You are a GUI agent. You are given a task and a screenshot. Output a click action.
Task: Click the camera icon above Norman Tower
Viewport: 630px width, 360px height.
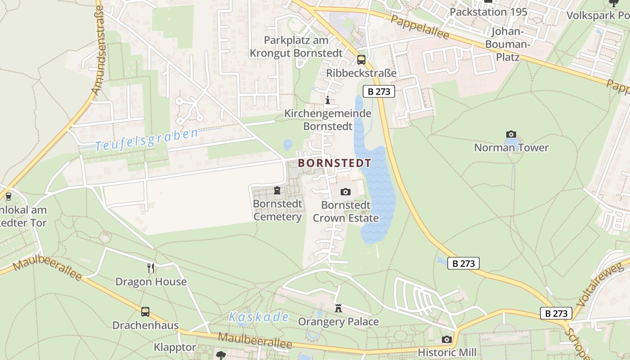[x=511, y=134]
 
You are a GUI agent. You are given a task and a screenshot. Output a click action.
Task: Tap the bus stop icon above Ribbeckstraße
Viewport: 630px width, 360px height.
[x=361, y=60]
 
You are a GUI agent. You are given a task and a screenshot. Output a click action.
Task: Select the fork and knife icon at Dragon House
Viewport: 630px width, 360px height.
[x=151, y=268]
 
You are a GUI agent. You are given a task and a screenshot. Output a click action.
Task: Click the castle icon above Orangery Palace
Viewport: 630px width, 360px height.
[x=338, y=309]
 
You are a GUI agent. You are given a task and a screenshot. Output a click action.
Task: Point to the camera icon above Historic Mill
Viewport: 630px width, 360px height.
[x=446, y=339]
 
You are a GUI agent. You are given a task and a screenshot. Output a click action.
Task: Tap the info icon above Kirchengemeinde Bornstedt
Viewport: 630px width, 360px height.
[x=328, y=100]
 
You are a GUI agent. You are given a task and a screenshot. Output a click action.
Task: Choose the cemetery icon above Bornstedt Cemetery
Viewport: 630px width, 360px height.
[x=277, y=191]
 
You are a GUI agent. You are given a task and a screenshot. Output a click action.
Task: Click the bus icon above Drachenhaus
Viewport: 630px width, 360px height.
[x=145, y=311]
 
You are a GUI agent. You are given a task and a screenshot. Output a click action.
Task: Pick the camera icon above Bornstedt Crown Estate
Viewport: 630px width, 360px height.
[x=345, y=192]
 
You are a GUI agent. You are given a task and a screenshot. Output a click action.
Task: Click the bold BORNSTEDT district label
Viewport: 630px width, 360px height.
[x=335, y=163]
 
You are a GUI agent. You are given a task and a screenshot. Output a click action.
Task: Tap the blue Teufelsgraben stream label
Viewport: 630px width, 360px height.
[x=147, y=140]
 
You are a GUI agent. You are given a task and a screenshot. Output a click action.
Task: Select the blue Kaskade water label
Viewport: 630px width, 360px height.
[x=258, y=317]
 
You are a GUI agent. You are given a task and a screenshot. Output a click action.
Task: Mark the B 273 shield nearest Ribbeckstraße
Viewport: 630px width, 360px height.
[x=379, y=91]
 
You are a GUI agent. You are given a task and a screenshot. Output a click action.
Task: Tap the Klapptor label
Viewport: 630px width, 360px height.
[x=175, y=347]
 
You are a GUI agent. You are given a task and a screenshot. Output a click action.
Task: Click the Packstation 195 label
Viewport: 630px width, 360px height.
[x=488, y=12]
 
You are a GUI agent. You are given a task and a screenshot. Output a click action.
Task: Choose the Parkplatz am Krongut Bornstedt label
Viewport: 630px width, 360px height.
[x=296, y=46]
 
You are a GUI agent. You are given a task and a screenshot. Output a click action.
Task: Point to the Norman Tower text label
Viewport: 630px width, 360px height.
[x=511, y=148]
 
